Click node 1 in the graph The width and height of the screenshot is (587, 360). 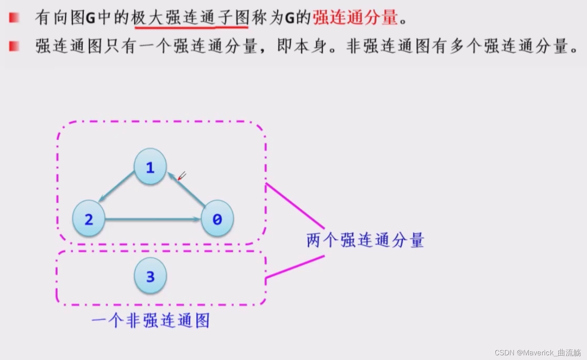150,167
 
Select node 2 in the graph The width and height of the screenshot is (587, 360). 89,218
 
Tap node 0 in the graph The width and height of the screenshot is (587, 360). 217,218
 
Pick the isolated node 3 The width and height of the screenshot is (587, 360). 150,276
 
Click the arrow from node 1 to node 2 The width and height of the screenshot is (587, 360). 117,186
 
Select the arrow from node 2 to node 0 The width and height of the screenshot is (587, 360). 152,219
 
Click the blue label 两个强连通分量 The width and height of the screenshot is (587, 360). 365,240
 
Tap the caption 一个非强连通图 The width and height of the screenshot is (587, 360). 150,321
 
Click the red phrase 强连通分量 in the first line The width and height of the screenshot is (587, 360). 355,18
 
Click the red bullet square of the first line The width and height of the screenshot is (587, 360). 14,18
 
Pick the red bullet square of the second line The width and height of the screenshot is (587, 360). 14,46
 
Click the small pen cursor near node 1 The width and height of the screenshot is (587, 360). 182,176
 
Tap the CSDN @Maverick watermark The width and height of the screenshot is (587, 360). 537,352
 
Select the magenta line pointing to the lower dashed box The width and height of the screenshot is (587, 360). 295,267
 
